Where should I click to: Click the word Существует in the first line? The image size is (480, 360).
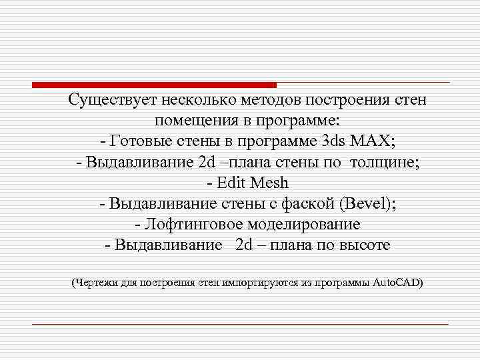[111, 101]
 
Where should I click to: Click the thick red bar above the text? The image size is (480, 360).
[154, 85]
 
